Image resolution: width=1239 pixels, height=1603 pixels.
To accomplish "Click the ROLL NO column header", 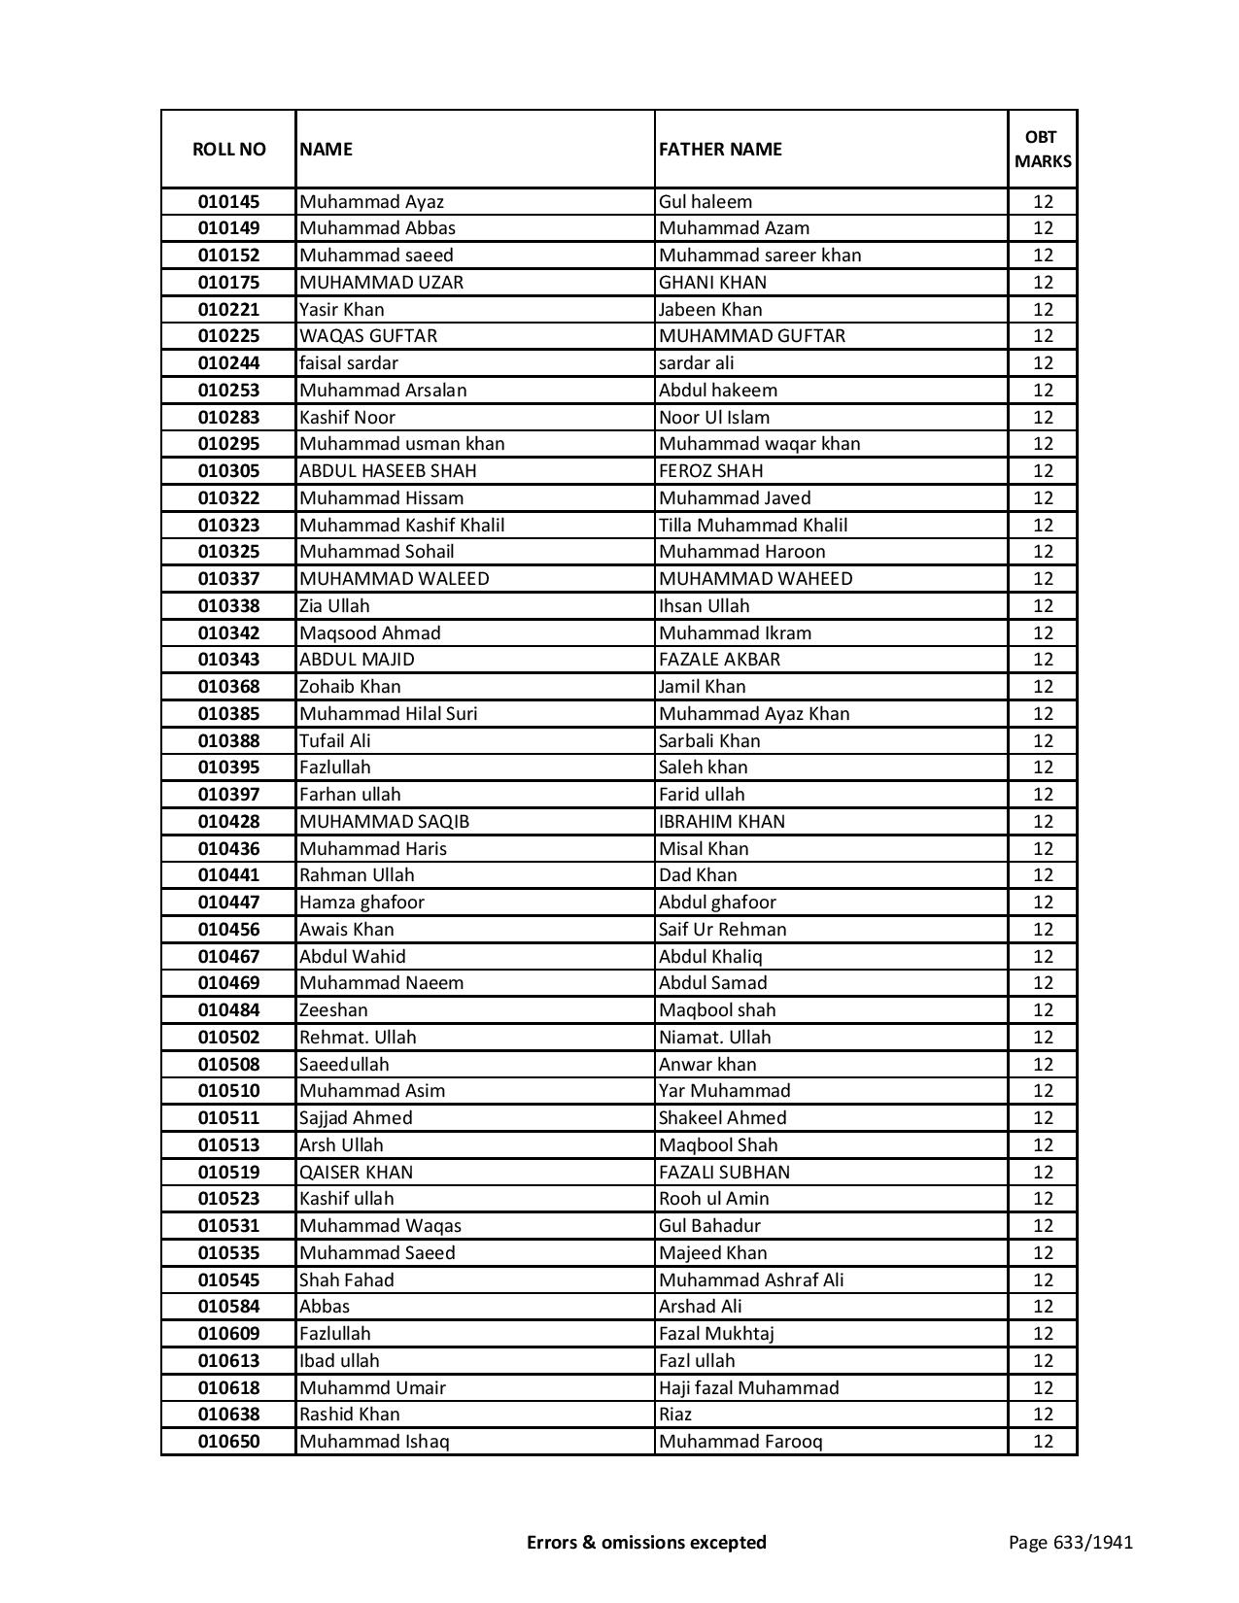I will pyautogui.click(x=228, y=150).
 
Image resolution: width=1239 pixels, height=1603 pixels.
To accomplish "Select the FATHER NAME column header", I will pyautogui.click(x=720, y=150).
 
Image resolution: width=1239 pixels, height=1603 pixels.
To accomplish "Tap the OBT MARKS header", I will pyautogui.click(x=1043, y=149).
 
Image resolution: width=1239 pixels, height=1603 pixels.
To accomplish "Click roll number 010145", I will pyautogui.click(x=228, y=202).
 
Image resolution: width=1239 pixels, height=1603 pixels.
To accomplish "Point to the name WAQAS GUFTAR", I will pyautogui.click(x=368, y=336).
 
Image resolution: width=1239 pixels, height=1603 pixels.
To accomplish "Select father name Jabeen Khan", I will pyautogui.click(x=710, y=310).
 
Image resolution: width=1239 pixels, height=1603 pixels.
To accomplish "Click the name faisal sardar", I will pyautogui.click(x=349, y=363).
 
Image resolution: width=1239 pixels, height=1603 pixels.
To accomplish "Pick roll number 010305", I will pyautogui.click(x=228, y=471).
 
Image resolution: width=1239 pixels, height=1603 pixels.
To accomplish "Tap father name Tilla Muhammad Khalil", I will pyautogui.click(x=753, y=526).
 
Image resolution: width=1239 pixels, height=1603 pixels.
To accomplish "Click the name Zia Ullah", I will pyautogui.click(x=334, y=606).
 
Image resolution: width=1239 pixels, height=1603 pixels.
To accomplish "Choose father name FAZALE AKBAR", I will pyautogui.click(x=719, y=660).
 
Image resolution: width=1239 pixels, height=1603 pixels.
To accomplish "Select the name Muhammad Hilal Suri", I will pyautogui.click(x=389, y=714).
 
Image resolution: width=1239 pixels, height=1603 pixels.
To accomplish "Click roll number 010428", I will pyautogui.click(x=228, y=822).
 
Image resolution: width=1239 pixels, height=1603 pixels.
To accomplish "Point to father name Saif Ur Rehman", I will pyautogui.click(x=723, y=930).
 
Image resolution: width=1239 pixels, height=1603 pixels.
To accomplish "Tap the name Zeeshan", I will pyautogui.click(x=333, y=1010).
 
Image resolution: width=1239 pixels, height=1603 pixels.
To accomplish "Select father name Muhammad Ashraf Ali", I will pyautogui.click(x=751, y=1280).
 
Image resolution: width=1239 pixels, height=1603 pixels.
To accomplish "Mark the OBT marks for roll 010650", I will pyautogui.click(x=1043, y=1442).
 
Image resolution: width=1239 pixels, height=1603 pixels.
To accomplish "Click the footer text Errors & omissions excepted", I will pyautogui.click(x=646, y=1542).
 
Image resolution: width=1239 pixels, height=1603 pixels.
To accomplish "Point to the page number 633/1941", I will pyautogui.click(x=1071, y=1542).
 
